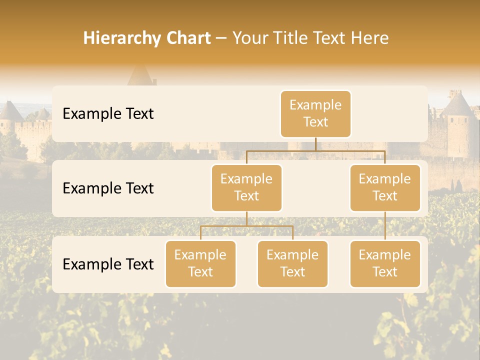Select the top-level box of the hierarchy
coord(315,113)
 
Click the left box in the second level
coord(246,187)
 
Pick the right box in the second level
coord(385,187)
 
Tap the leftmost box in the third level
coord(200,263)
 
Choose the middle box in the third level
coord(292,263)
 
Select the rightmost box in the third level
coord(385,263)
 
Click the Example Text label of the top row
coord(108,113)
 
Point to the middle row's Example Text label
coord(108,188)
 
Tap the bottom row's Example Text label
coord(108,264)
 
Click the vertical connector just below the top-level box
coord(315,144)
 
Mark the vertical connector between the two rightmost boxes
coord(385,226)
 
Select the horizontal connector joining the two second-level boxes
coord(315,150)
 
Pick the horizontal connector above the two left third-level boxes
coord(246,226)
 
